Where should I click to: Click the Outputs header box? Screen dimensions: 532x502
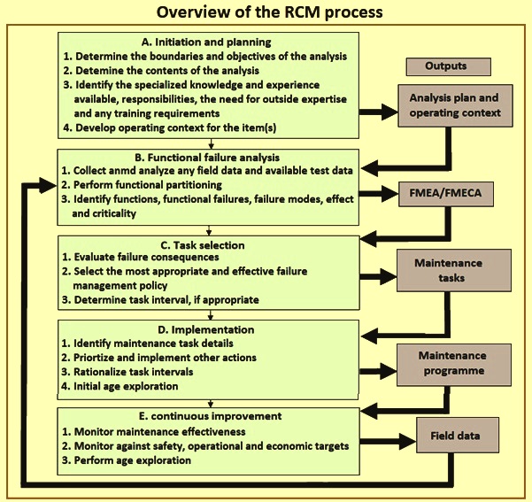pos(448,66)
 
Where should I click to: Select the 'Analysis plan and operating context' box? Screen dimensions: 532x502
pos(455,105)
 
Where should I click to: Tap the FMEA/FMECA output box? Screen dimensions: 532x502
pos(446,194)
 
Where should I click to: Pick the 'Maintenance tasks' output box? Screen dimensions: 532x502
pos(454,270)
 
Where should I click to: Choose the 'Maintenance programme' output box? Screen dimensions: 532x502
pos(454,365)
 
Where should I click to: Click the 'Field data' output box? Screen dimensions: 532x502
pos(458,435)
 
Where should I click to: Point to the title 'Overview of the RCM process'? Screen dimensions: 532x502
pos(269,12)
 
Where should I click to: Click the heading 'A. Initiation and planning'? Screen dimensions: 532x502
pos(206,42)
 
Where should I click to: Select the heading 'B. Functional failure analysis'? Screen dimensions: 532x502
pos(207,158)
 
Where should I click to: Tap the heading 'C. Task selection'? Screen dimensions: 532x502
pos(203,245)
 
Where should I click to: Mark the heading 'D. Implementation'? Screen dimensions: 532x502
pos(206,329)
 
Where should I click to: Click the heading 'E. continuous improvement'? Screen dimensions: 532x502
pos(211,416)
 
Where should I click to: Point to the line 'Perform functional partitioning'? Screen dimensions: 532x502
pos(148,185)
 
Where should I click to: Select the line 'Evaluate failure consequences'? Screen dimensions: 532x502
pos(146,258)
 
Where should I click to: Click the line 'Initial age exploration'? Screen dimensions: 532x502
pos(126,386)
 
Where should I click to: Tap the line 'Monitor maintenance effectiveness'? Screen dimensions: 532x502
pos(160,432)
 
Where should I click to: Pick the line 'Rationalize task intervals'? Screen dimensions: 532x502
pos(134,372)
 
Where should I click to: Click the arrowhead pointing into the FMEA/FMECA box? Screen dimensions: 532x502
pos(390,194)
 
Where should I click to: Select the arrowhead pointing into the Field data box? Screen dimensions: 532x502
pos(408,441)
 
